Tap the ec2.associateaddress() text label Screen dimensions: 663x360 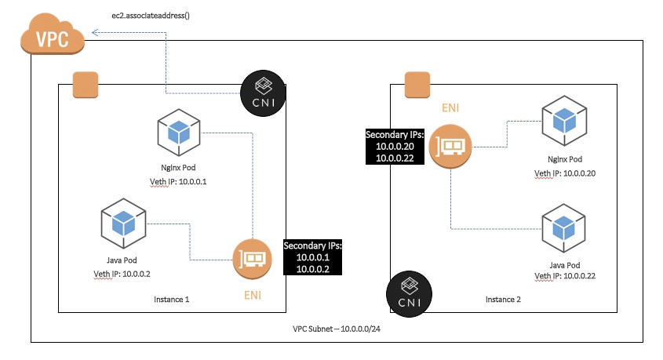[151, 16]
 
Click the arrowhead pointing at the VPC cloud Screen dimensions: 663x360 [96, 32]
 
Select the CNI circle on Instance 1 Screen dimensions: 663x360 [263, 93]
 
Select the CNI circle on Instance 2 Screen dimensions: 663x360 [410, 294]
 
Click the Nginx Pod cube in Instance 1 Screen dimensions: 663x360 [178, 133]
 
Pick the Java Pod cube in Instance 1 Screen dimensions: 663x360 [123, 223]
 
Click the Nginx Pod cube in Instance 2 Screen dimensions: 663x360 [564, 121]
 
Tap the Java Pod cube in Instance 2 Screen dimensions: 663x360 [563, 228]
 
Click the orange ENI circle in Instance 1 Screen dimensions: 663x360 [252, 259]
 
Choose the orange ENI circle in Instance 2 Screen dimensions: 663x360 [450, 146]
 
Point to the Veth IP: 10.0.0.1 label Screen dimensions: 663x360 [178, 182]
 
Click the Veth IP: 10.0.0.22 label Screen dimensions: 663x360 [565, 276]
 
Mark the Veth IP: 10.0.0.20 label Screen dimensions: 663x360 [565, 173]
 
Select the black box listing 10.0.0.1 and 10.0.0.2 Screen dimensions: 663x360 [312, 257]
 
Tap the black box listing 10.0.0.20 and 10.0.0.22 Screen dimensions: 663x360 [395, 147]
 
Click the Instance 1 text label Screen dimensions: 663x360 [171, 300]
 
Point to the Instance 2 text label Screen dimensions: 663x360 [503, 300]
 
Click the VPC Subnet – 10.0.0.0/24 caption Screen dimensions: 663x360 [337, 329]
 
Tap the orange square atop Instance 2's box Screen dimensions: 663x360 [417, 85]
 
